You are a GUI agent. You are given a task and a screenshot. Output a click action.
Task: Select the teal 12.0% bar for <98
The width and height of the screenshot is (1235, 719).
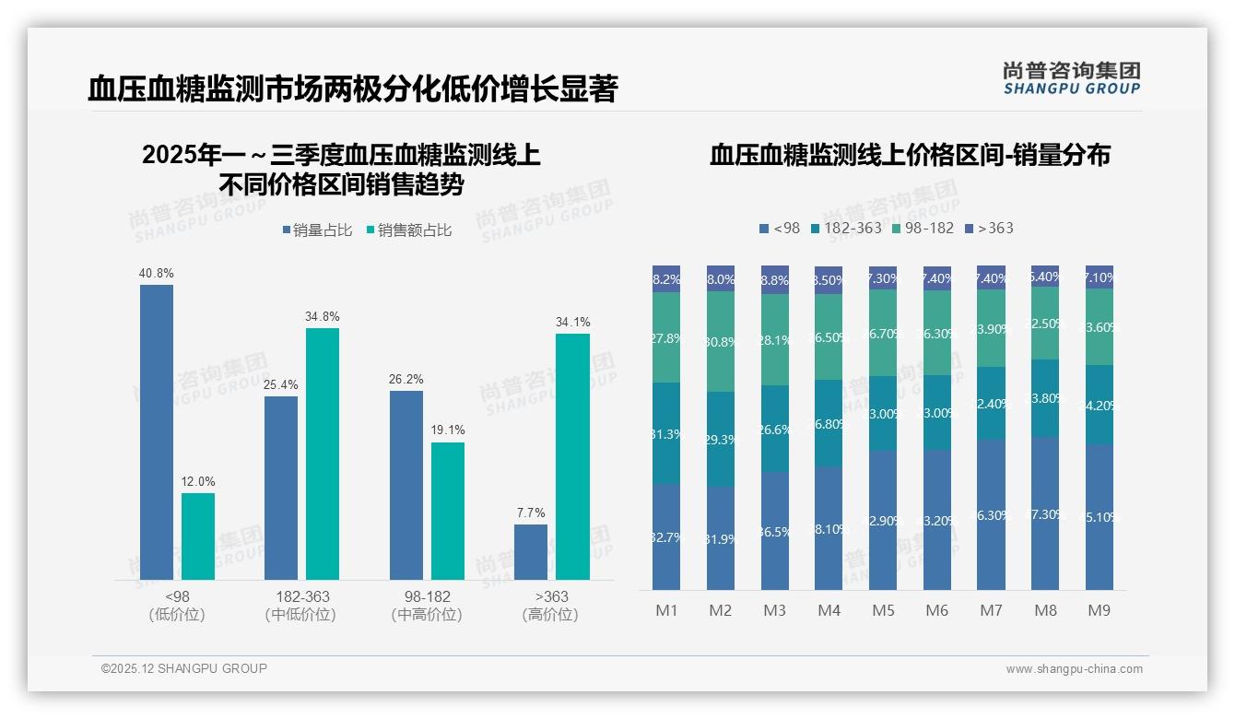click(198, 536)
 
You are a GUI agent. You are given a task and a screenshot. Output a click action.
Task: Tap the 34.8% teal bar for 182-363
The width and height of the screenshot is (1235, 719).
click(323, 454)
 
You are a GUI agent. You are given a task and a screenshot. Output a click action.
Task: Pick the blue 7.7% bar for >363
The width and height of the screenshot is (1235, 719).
click(531, 551)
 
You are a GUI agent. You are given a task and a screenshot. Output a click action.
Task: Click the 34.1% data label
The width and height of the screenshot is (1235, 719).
click(573, 322)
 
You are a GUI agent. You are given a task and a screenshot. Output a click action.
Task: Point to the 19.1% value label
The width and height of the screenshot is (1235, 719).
click(448, 430)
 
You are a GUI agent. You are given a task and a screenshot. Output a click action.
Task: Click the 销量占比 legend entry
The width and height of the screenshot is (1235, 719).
click(317, 230)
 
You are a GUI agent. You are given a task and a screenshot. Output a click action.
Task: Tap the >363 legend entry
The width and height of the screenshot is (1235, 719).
click(989, 228)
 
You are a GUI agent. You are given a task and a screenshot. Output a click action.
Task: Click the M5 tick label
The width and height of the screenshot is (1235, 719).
click(883, 610)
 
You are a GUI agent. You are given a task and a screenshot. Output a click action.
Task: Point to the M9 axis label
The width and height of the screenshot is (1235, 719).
click(1099, 610)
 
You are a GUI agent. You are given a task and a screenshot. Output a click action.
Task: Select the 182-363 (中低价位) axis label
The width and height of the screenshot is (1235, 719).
click(302, 606)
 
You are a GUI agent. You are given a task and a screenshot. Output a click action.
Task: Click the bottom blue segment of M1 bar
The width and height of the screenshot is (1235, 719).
click(666, 536)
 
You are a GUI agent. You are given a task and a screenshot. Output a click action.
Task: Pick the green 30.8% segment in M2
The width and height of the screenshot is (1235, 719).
click(721, 341)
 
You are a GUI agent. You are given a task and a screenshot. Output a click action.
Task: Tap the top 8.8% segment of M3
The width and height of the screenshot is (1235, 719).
click(775, 280)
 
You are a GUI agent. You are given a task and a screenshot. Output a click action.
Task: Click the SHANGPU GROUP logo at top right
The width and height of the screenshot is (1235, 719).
click(1072, 78)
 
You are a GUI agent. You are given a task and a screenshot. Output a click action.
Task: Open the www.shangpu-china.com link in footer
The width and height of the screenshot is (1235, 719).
click(1074, 669)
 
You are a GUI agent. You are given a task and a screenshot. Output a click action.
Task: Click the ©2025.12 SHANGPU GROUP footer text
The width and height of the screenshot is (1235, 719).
click(184, 668)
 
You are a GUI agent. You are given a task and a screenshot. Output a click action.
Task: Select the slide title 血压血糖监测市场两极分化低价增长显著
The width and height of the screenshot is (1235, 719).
click(352, 89)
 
